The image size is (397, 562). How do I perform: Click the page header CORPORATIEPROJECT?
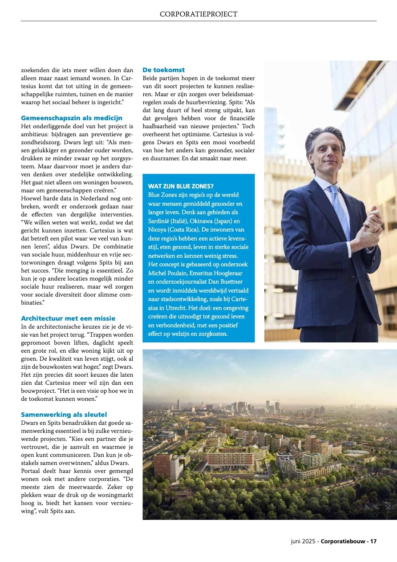point(198,14)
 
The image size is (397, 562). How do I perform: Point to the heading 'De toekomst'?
point(163,70)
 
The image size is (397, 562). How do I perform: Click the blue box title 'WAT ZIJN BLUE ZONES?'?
point(181,186)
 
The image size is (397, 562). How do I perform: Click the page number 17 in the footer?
point(373,542)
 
